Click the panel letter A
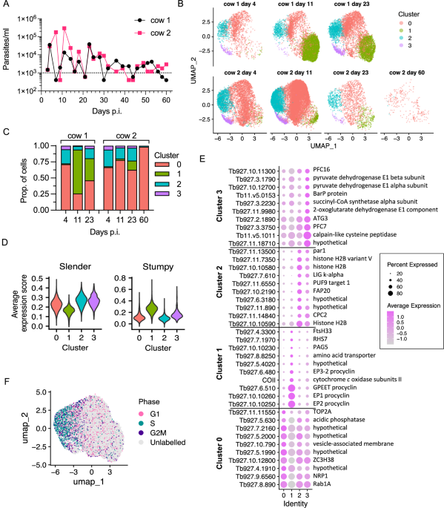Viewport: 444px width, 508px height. [5, 7]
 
